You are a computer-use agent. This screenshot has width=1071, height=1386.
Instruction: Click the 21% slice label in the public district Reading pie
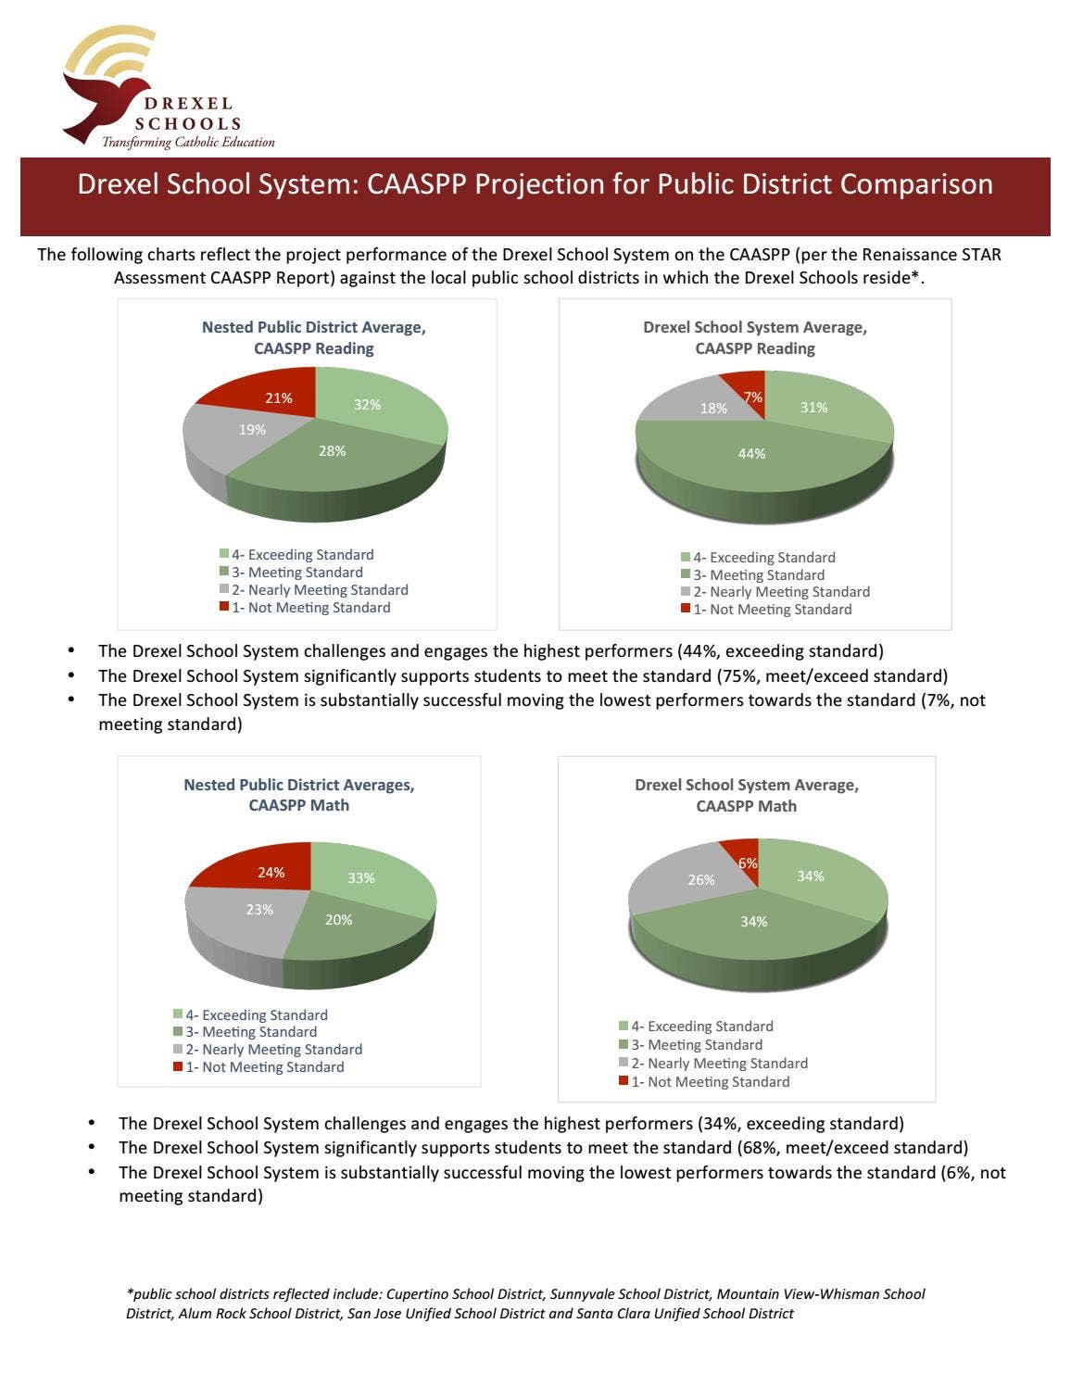click(278, 398)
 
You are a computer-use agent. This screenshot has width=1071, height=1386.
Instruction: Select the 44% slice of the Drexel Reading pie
click(751, 454)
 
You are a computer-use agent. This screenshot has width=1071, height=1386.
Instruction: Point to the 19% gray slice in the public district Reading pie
click(252, 430)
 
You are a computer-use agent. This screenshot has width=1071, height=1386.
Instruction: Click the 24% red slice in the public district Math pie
click(271, 873)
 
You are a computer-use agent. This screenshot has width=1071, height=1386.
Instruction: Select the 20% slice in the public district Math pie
click(338, 920)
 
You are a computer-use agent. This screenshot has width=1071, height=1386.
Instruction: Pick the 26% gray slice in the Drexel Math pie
click(700, 879)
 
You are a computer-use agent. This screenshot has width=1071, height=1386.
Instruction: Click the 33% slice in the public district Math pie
click(361, 878)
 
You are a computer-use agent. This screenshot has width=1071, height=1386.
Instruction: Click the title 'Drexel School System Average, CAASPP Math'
click(747, 795)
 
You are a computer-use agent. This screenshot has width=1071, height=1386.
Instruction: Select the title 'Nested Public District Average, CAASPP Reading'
click(314, 337)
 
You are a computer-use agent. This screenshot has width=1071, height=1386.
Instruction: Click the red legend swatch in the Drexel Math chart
click(624, 1081)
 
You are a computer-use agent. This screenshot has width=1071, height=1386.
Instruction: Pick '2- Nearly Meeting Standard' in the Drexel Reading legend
click(781, 592)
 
